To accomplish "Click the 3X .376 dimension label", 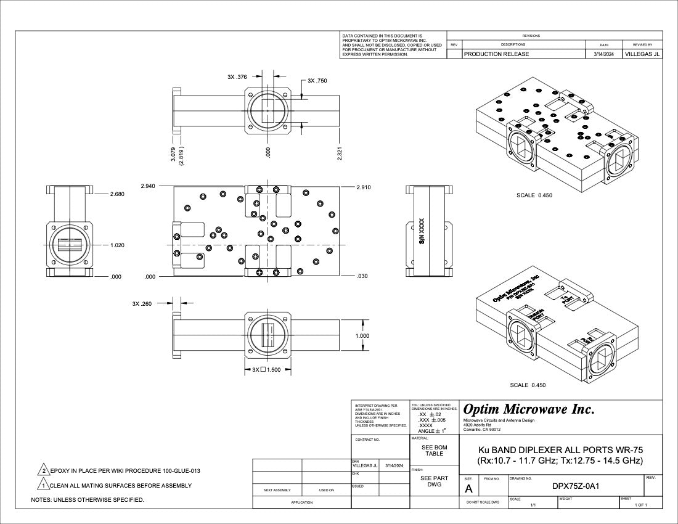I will coord(237,77).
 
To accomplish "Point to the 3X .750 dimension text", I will coord(317,81).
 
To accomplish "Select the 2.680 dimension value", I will coord(117,194).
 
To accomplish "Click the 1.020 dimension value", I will coord(117,245).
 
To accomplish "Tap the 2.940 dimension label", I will coord(148,186).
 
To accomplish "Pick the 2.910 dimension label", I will coord(364,187).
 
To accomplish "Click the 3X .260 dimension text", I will coord(142,303).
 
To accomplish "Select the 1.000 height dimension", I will coord(362,336).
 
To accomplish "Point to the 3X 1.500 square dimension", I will coord(266,370).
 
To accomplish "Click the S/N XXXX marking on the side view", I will coord(422,231).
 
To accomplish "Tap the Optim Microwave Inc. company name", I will coord(529,409).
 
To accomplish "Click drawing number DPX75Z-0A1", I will coord(576,486).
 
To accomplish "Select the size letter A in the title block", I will coord(468,489).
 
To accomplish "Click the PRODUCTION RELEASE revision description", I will coord(496,54).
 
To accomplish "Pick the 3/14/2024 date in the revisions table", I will coord(603,54).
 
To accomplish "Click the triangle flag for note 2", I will coord(44,470).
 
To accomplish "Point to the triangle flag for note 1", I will coord(44,485).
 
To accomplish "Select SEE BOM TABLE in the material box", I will coord(435,451).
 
